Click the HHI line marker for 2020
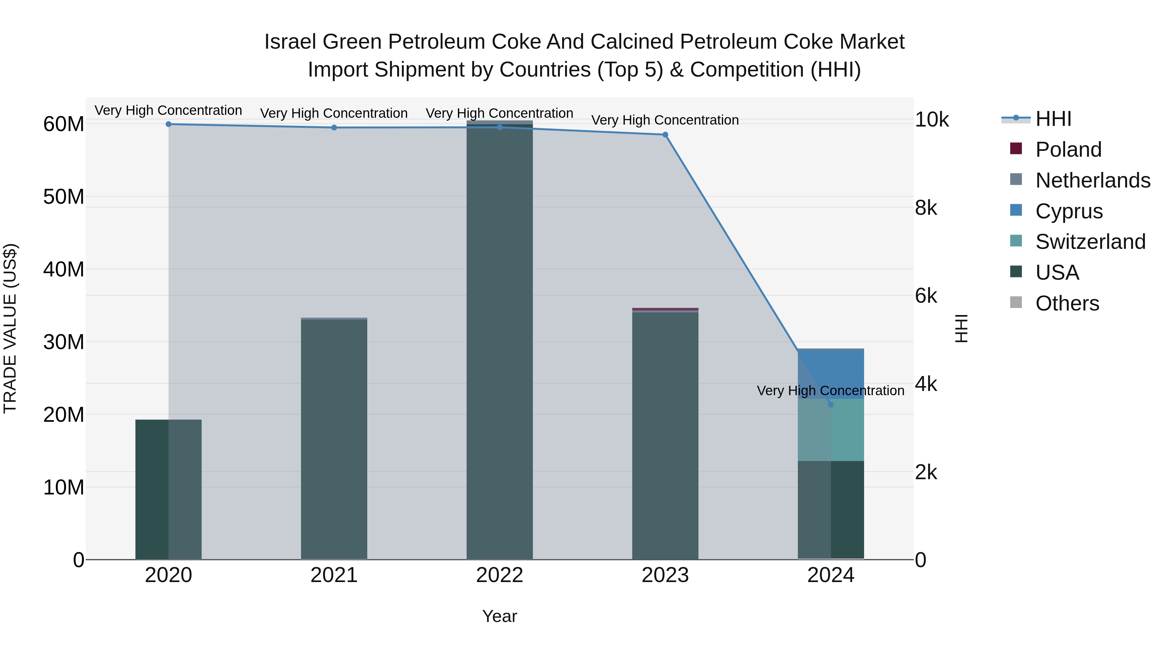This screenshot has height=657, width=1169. pyautogui.click(x=168, y=124)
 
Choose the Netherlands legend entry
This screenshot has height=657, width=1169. pyautogui.click(x=1092, y=180)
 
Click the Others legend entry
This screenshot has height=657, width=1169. pyautogui.click(x=1067, y=303)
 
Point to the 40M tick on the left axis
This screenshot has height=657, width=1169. pyautogui.click(x=64, y=269)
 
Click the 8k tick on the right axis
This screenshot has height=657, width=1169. pyautogui.click(x=926, y=208)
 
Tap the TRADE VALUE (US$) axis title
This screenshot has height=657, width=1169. pyautogui.click(x=10, y=328)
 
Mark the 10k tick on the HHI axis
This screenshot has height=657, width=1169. pyautogui.click(x=931, y=120)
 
